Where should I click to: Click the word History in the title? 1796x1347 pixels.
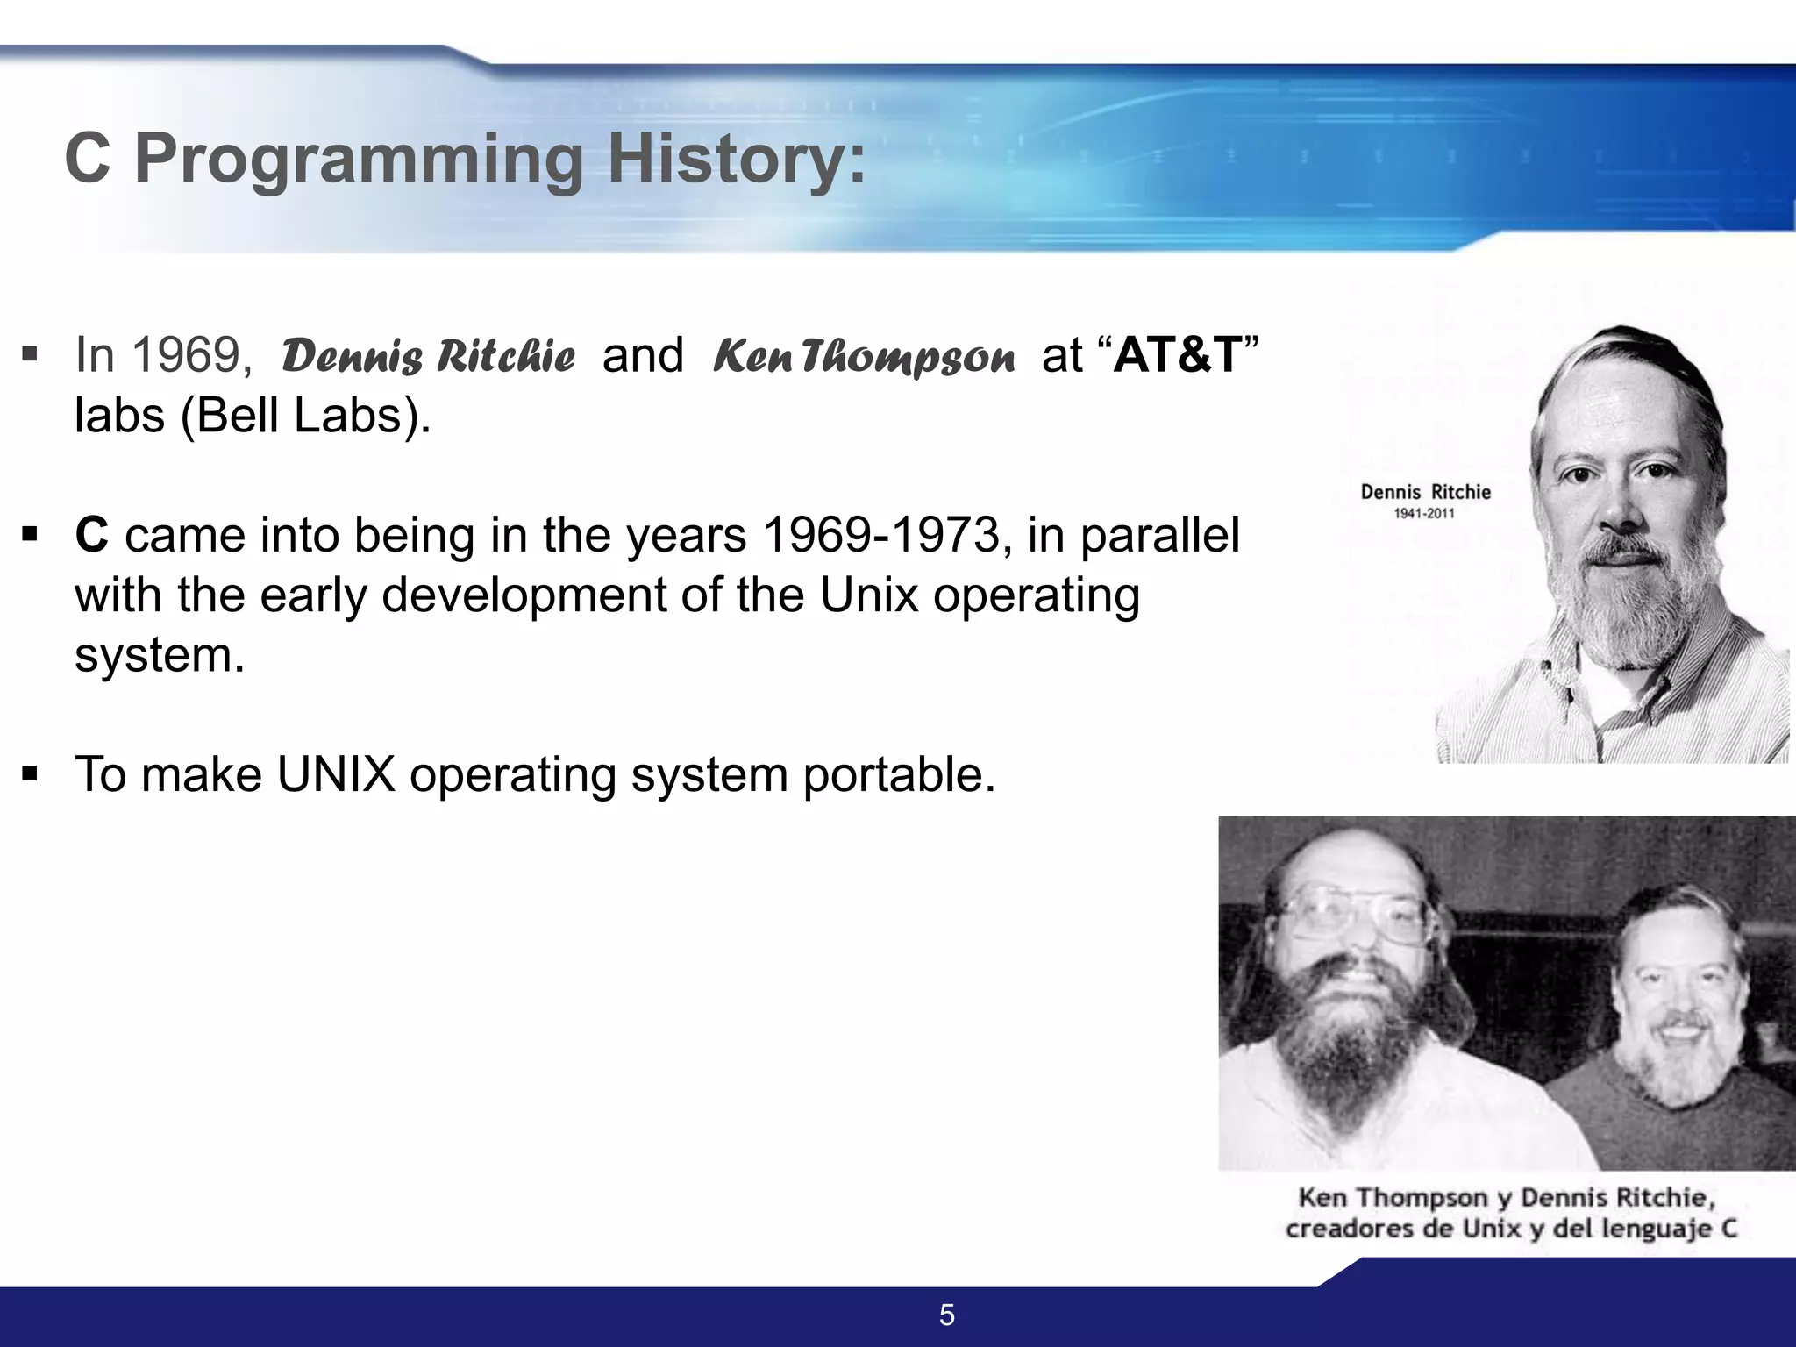[x=736, y=160]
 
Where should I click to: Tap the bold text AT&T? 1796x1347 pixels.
[x=1178, y=355]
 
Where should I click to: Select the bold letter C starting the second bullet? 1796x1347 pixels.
[x=91, y=535]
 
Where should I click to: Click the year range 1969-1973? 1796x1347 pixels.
[x=881, y=535]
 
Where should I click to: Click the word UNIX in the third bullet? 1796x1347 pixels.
[x=336, y=775]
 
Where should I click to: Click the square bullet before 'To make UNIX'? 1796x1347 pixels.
[x=31, y=775]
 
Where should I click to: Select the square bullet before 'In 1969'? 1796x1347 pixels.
[x=31, y=355]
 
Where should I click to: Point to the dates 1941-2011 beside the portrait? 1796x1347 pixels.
[x=1424, y=514]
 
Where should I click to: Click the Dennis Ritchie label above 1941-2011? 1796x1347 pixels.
[x=1425, y=492]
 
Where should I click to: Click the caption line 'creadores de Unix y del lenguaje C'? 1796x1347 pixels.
[x=1510, y=1228]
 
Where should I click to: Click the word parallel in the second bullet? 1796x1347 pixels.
[x=1159, y=535]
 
